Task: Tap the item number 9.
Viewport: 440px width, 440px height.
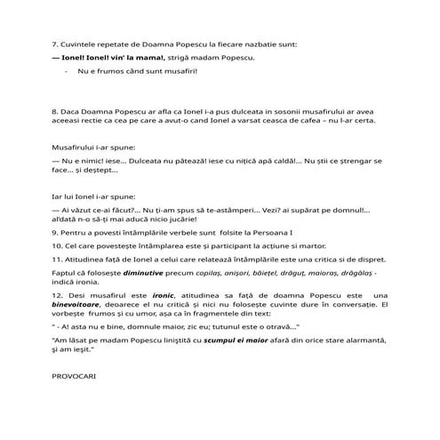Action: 55,230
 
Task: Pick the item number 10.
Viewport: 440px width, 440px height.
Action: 58,244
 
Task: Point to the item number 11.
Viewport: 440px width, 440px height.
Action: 58,258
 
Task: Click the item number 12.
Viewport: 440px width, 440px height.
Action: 58,294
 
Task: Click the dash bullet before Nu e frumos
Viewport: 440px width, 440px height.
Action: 68,70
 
